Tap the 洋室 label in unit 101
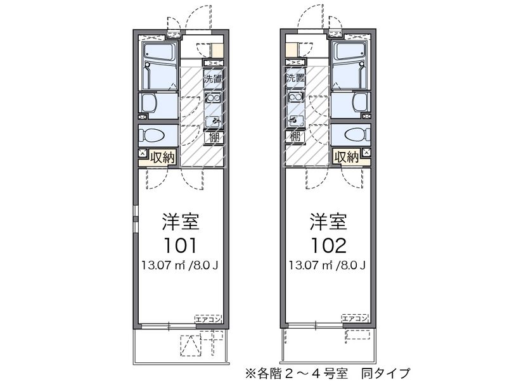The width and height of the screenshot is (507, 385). [180, 222]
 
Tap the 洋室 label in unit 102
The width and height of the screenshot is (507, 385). [328, 222]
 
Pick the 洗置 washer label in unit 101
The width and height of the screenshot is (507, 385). [214, 80]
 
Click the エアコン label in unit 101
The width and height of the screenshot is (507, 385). [208, 319]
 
